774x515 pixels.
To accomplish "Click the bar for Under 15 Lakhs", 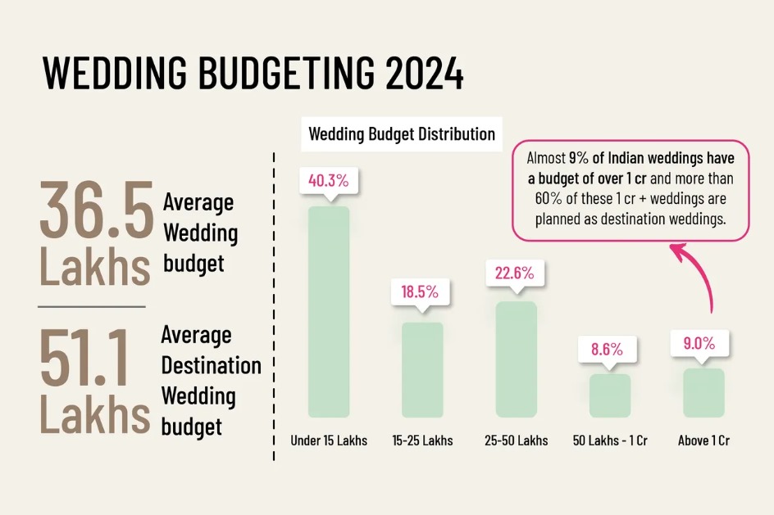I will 329,311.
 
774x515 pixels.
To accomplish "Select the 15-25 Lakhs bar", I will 422,369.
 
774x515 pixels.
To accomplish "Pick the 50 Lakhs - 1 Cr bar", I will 610,395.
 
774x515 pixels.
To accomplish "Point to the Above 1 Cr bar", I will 703,392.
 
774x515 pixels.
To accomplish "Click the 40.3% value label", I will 329,181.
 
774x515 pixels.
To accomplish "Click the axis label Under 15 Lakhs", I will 329,440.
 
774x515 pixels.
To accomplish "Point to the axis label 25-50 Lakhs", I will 517,440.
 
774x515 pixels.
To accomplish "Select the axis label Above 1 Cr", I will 703,440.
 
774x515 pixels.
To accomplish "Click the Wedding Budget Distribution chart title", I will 402,133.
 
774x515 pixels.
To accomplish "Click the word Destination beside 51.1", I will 211,365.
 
